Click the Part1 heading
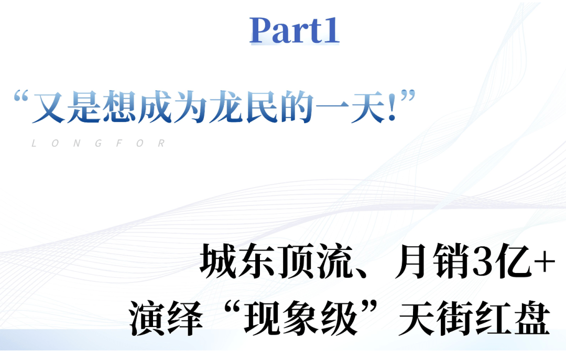(295, 30)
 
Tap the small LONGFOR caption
(99, 144)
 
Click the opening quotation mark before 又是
(20, 99)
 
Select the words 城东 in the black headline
(230, 261)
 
